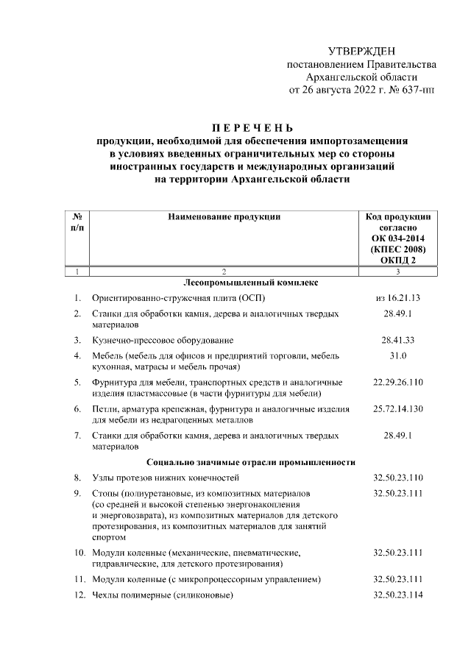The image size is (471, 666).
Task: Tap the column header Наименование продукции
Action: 224,217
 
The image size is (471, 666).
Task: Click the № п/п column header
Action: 77,223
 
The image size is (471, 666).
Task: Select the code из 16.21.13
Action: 397,298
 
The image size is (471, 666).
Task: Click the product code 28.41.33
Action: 398,340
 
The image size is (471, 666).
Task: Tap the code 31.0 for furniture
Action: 398,356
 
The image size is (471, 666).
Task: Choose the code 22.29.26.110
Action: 398,382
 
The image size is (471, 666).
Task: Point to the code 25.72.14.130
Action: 398,408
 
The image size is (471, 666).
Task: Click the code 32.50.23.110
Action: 398,478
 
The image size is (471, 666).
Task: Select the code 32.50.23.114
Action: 398,595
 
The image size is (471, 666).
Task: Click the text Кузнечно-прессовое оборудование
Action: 163,340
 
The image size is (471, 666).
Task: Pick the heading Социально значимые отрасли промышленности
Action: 251,462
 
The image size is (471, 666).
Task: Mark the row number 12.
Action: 78,595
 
